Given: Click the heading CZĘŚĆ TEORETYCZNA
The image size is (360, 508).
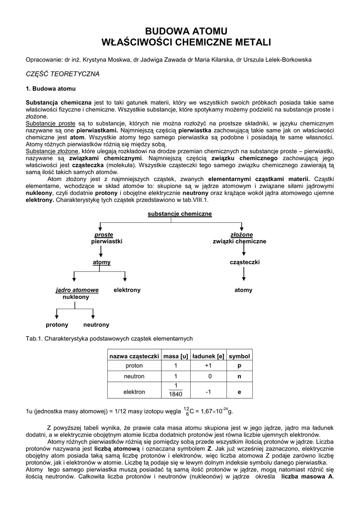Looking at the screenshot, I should (x=63, y=74).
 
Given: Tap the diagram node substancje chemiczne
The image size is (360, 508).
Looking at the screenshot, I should (x=180, y=214).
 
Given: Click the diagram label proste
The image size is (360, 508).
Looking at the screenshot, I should (x=104, y=235).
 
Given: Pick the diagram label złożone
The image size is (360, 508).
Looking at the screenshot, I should (x=241, y=235).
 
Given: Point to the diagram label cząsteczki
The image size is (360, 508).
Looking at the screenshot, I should (x=244, y=262).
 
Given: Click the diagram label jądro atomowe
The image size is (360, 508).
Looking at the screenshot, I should (x=76, y=290).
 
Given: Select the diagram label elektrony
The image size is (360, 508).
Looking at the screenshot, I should (x=127, y=290).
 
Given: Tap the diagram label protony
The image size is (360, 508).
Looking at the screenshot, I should (x=57, y=324).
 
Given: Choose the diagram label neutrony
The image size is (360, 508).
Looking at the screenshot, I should (x=96, y=324).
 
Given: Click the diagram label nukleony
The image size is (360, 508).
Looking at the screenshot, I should (x=75, y=297).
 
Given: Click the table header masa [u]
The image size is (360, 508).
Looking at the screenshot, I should (x=176, y=356).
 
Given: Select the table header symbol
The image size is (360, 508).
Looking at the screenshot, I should (x=239, y=356).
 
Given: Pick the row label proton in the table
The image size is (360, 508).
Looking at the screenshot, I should (x=134, y=366).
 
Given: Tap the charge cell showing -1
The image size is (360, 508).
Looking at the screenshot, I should (x=208, y=391).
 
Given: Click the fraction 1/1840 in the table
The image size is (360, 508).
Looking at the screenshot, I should (x=176, y=390).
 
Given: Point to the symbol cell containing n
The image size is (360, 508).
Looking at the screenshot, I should (x=239, y=376).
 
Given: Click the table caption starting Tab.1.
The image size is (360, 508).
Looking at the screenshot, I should (x=109, y=338).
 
